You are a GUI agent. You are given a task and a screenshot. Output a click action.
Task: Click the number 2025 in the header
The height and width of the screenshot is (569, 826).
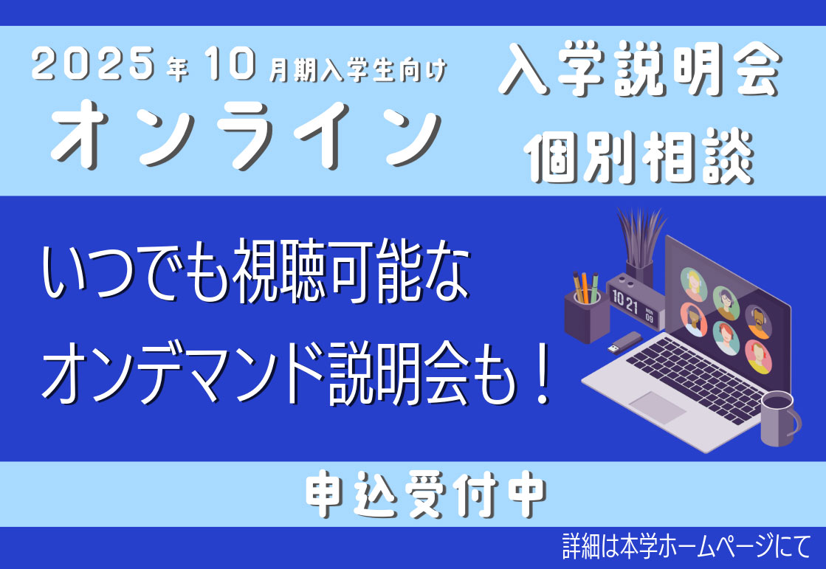(93, 63)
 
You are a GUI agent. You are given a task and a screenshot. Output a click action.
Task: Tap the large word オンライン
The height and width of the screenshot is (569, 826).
(246, 134)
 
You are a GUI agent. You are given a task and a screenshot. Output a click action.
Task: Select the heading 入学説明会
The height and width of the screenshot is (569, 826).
(639, 69)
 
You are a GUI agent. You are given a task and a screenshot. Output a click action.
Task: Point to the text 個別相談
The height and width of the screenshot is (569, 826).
(639, 156)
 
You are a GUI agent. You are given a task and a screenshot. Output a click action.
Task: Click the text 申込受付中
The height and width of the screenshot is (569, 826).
(426, 494)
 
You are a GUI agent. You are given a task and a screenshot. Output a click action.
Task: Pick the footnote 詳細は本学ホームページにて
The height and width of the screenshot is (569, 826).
(686, 546)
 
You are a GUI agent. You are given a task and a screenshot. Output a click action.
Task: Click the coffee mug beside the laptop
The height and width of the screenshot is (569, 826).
(779, 418)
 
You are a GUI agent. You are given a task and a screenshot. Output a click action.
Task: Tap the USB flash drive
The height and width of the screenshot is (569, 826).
(624, 342)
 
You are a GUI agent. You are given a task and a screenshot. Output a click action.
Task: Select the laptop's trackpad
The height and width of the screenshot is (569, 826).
(658, 407)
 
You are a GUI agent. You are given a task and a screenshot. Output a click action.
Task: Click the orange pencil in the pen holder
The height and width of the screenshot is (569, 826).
(585, 287)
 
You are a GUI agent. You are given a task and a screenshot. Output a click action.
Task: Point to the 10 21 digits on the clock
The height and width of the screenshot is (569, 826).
(624, 301)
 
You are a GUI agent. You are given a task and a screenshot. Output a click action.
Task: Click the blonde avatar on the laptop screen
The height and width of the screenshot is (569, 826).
(693, 283)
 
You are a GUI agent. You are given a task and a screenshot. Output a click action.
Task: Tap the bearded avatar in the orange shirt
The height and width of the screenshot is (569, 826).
(758, 321)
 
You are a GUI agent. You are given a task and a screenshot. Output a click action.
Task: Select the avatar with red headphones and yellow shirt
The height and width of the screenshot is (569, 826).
(758, 356)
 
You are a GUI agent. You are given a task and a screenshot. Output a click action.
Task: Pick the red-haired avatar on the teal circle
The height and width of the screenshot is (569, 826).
(726, 338)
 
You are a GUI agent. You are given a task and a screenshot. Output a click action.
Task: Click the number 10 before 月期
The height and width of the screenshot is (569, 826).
(231, 63)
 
